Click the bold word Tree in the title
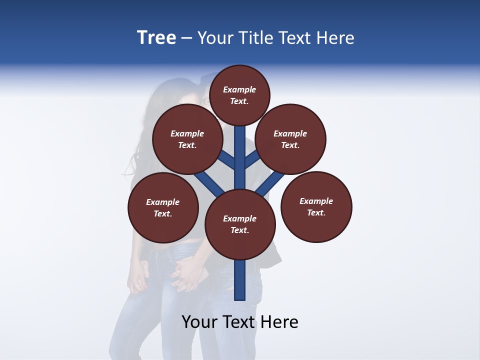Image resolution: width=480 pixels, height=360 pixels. coord(156,38)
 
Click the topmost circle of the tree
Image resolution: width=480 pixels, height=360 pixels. coord(239,95)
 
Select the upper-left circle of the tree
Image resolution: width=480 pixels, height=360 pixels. coord(187,139)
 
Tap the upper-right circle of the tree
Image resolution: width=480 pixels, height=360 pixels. coord(290,139)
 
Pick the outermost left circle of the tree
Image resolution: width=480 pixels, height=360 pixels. coord(163,207)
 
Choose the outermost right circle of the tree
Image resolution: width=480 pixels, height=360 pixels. coord(316,206)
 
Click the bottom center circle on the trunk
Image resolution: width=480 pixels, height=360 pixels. coord(240,224)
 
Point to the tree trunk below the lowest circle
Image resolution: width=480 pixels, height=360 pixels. coord(240,280)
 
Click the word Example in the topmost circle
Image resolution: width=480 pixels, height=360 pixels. coord(239,89)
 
